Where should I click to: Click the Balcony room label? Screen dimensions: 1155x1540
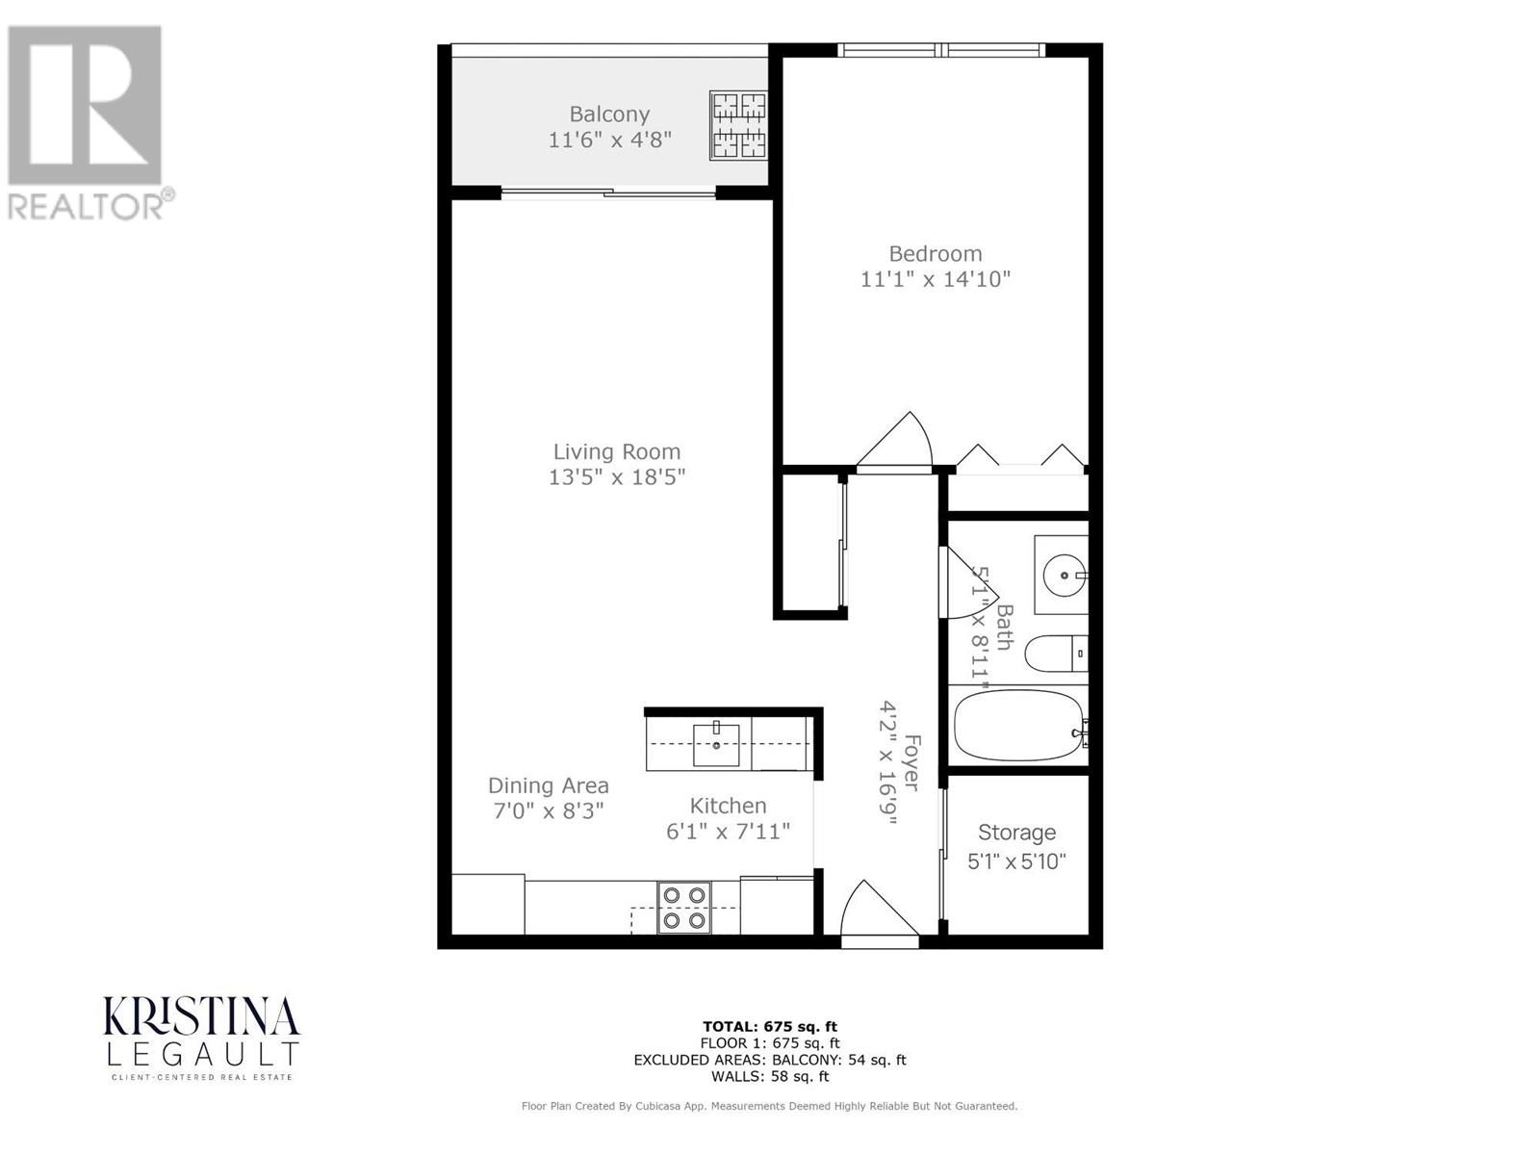coord(609,114)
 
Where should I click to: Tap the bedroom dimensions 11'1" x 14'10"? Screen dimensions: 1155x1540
coord(935,280)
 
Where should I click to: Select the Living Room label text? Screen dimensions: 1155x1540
coord(616,451)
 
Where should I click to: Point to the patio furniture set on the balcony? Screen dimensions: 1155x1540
coord(738,125)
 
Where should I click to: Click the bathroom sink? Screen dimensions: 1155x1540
coord(1063,575)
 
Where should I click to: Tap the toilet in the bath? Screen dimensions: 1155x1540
coord(1055,654)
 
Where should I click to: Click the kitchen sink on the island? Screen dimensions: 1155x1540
coord(717,744)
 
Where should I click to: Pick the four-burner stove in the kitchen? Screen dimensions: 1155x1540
coord(684,907)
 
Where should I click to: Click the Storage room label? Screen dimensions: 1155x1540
coord(1016,833)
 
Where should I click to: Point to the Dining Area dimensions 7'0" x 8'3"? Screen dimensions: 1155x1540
coord(548,811)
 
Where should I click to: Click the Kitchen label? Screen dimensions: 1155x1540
coord(728,806)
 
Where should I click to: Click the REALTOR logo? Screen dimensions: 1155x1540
coord(87,122)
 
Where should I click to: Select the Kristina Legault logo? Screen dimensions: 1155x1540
coord(201,1038)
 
